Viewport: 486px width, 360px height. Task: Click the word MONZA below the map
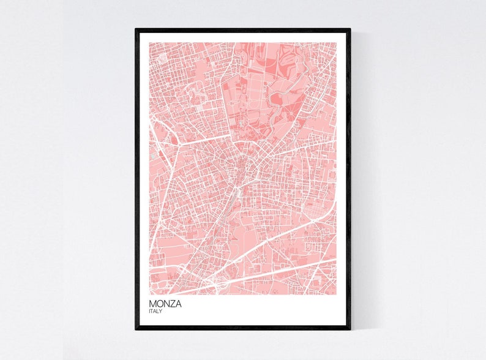(165, 304)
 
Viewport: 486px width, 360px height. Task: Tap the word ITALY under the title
(155, 312)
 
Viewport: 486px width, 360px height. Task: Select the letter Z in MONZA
(172, 304)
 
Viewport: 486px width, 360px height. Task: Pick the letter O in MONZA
(159, 304)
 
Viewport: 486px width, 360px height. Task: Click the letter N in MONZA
(166, 304)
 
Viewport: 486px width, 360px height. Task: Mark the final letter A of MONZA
(178, 304)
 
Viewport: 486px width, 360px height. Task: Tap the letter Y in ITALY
(162, 312)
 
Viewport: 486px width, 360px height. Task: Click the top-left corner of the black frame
(136, 29)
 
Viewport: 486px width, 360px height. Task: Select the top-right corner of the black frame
(350, 29)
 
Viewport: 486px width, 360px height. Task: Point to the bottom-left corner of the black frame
(136, 329)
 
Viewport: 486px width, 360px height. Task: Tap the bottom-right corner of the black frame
(350, 329)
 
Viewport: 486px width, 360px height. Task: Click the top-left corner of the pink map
(149, 42)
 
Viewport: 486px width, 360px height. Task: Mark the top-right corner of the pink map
(337, 42)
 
